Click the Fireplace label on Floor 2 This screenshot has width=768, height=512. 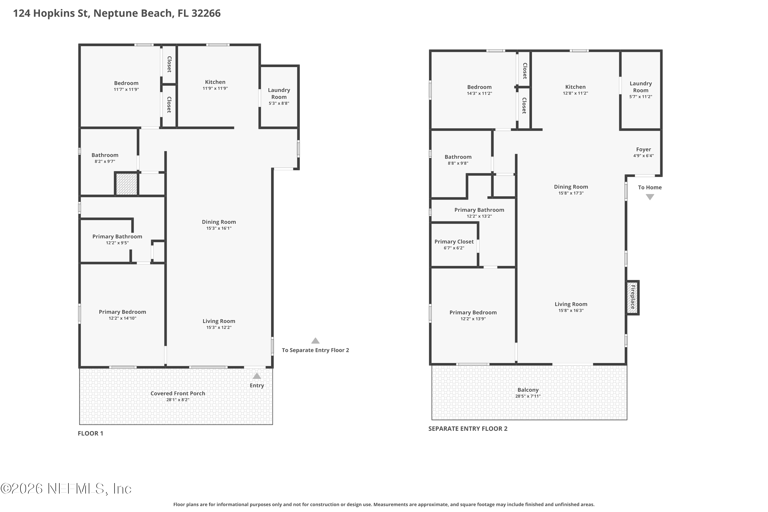pyautogui.click(x=633, y=297)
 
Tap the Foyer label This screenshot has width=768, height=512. pyautogui.click(x=644, y=150)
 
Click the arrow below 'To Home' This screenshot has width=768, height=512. pyautogui.click(x=650, y=197)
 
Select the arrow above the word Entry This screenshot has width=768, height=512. pyautogui.click(x=257, y=376)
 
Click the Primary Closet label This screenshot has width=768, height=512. pyautogui.click(x=454, y=242)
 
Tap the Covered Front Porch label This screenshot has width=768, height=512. pyautogui.click(x=178, y=393)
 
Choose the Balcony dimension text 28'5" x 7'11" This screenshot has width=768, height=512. pyautogui.click(x=528, y=396)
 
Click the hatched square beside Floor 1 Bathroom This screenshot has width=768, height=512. pyautogui.click(x=127, y=184)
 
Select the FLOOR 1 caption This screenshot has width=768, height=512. pyautogui.click(x=90, y=433)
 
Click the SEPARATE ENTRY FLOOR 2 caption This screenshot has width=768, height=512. pyautogui.click(x=468, y=429)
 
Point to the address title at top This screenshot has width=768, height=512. pyautogui.click(x=117, y=13)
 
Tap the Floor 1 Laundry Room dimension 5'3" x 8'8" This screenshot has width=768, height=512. pyautogui.click(x=279, y=103)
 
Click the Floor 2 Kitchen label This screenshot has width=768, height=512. pyautogui.click(x=575, y=87)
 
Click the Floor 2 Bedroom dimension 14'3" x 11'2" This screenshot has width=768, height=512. pyautogui.click(x=479, y=93)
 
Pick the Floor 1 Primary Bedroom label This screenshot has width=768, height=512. pyautogui.click(x=122, y=312)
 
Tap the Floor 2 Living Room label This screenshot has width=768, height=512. pyautogui.click(x=571, y=304)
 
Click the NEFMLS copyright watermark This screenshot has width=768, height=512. pyautogui.click(x=66, y=489)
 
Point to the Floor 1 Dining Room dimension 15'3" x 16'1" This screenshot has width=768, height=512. pyautogui.click(x=219, y=228)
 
